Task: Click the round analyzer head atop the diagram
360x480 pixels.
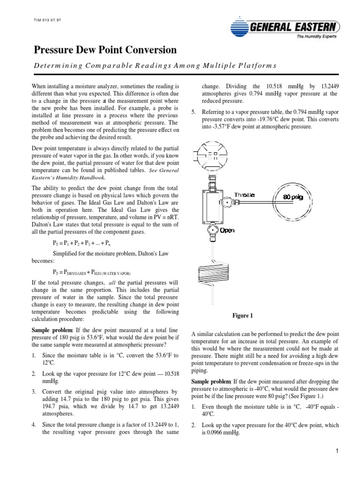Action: point(212,155)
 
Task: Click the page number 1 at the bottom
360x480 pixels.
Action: point(337,451)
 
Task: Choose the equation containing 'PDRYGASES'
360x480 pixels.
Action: point(91,272)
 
